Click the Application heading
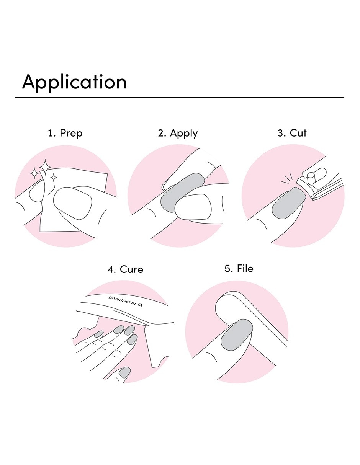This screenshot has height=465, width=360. [74, 83]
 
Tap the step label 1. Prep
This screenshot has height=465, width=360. [65, 134]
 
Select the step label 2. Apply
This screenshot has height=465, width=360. [178, 134]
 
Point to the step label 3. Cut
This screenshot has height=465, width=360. [292, 133]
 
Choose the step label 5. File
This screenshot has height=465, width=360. [239, 269]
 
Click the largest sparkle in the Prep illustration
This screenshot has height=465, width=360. [45, 166]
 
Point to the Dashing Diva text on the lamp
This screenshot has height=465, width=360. [125, 301]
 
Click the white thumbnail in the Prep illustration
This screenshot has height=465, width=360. [72, 203]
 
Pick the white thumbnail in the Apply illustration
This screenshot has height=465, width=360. [193, 207]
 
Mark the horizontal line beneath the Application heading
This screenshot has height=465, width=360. [179, 97]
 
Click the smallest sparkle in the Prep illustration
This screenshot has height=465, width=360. [54, 178]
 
